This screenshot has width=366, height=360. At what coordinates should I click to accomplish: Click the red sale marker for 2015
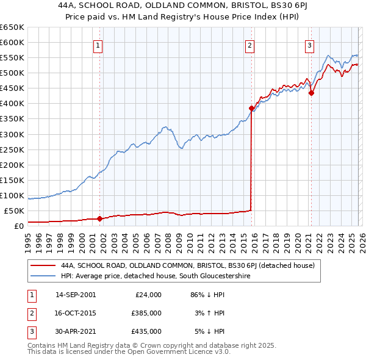coord(251,108)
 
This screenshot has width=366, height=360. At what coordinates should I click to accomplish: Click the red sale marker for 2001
coord(100,218)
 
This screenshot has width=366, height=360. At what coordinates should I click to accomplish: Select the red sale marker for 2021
coord(310,93)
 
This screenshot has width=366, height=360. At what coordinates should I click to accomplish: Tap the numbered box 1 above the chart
coord(98,45)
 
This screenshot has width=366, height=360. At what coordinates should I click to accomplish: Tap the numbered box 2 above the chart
coord(249,45)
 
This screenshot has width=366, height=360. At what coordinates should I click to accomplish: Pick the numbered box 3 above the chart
coord(309,45)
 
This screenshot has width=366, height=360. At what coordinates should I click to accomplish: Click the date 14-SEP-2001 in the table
coord(75,295)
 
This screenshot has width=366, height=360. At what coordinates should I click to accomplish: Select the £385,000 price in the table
coord(146,313)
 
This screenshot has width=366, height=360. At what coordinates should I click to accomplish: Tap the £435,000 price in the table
coord(146,331)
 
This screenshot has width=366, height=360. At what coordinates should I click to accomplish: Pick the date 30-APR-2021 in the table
coord(75,331)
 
